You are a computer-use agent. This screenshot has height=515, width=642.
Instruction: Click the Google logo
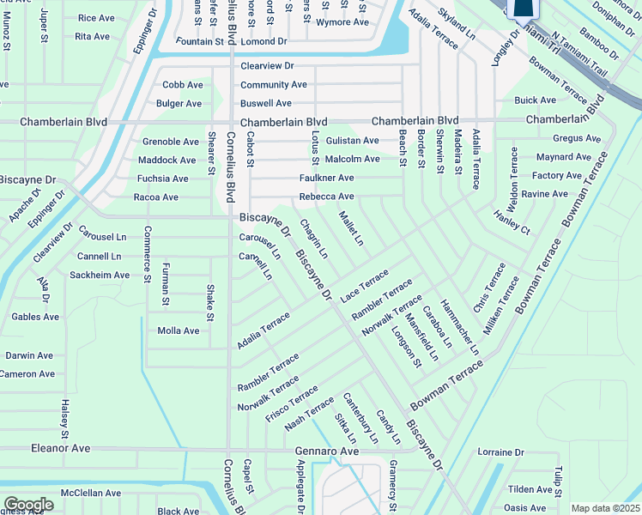tap(28, 505)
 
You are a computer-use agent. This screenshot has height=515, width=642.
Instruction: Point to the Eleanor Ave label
tap(61, 448)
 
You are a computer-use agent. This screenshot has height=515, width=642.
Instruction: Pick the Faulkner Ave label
tap(326, 178)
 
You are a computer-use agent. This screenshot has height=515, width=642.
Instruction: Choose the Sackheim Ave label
tap(100, 276)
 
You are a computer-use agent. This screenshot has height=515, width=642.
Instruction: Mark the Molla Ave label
tap(179, 330)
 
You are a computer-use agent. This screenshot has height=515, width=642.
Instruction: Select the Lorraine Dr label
tap(500, 452)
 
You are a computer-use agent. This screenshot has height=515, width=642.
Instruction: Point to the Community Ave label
tap(273, 85)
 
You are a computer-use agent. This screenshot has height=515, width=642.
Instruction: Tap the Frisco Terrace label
tap(292, 405)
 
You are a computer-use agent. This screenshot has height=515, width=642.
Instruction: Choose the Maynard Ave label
tap(563, 157)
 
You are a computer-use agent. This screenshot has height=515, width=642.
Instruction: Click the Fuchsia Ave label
tap(162, 179)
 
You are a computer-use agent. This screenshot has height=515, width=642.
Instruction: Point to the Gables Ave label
tap(35, 317)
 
